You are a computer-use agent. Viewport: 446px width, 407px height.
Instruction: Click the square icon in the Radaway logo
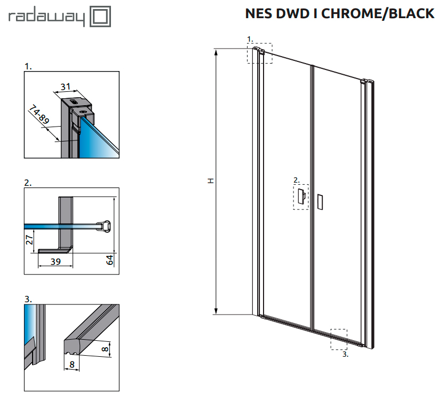pyautogui.click(x=100, y=17)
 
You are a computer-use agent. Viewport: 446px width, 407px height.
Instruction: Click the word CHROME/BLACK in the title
pyautogui.click(x=378, y=14)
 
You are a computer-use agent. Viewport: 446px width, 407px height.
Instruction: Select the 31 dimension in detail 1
pyautogui.click(x=66, y=87)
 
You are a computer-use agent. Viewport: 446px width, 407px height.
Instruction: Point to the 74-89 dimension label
pyautogui.click(x=39, y=114)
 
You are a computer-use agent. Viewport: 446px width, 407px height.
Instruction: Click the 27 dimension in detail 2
pyautogui.click(x=29, y=239)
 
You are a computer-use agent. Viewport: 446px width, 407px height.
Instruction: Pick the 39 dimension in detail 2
pyautogui.click(x=55, y=262)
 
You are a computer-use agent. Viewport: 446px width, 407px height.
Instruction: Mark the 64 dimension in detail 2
pyautogui.click(x=109, y=260)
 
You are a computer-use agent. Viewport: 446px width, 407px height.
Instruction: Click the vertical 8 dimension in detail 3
pyautogui.click(x=105, y=348)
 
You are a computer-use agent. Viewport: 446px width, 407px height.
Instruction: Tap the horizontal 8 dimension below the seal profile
pyautogui.click(x=72, y=364)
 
